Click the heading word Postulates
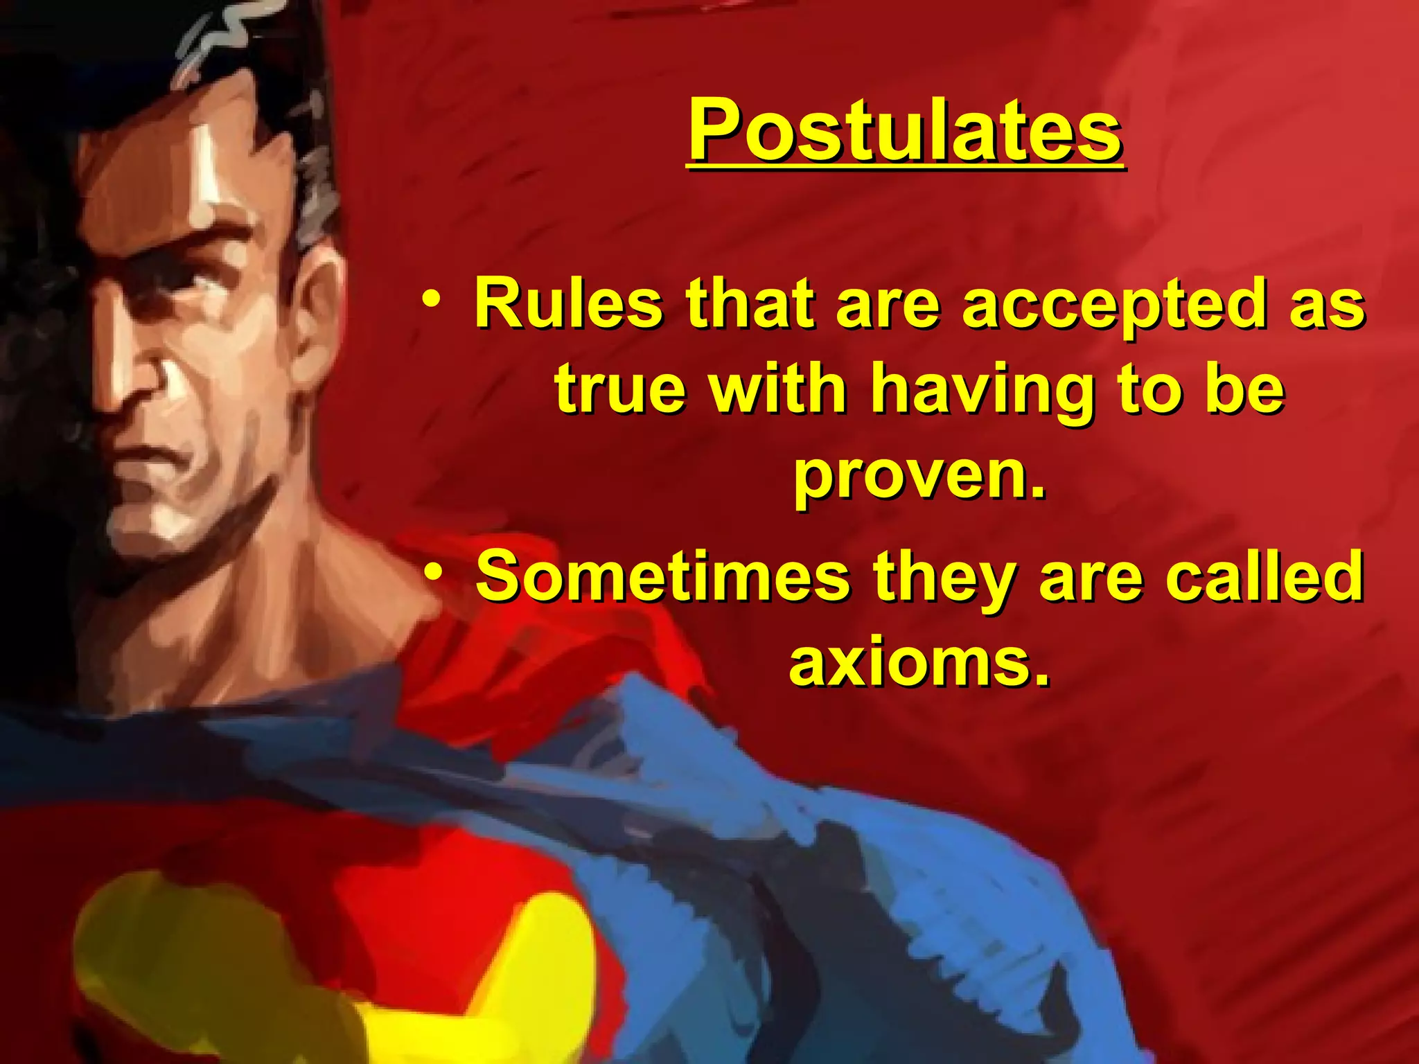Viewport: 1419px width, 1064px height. [x=905, y=130]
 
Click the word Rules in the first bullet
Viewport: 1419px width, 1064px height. [x=568, y=303]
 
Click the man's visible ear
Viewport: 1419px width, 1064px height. [x=315, y=312]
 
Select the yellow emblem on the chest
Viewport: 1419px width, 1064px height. [x=333, y=984]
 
